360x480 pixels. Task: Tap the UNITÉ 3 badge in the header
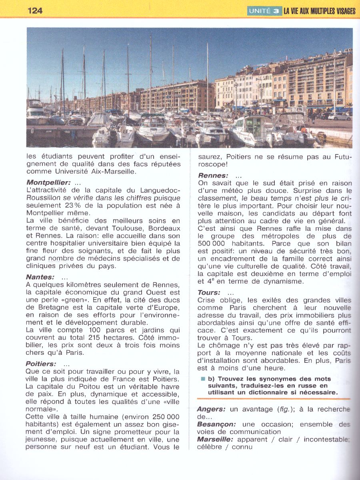coord(264,11)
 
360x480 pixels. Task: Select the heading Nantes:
coord(40,277)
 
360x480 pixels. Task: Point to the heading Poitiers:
coord(41,364)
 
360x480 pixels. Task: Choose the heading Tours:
coord(209,293)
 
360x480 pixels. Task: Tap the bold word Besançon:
coord(216,424)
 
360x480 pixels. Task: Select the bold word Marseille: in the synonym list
coord(215,440)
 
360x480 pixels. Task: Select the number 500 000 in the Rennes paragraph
coord(213,243)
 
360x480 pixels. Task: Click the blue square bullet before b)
coord(203,378)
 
